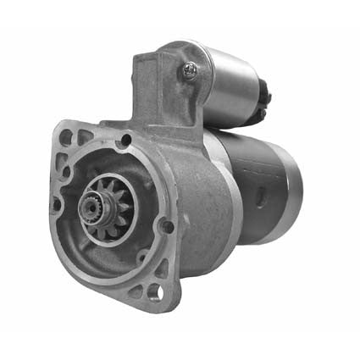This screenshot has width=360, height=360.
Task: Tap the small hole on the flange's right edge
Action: [x=168, y=226]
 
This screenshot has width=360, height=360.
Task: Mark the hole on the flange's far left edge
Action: [x=57, y=204]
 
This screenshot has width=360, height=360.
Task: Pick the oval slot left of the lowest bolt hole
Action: [x=135, y=291]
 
